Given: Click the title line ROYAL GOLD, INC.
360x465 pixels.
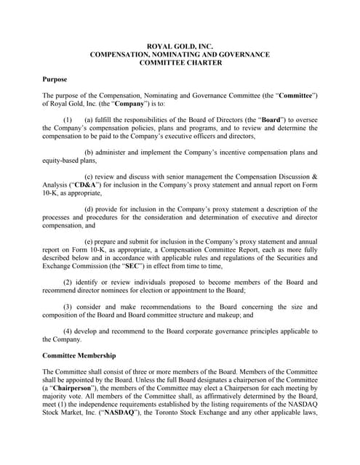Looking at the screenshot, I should (x=180, y=46).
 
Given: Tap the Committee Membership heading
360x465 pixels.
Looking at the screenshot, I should (x=81, y=356).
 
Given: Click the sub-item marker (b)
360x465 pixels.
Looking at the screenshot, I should (x=89, y=153).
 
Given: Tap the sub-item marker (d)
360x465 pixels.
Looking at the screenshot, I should (x=89, y=210).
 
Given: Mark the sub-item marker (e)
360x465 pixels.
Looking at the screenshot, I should (x=89, y=243).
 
